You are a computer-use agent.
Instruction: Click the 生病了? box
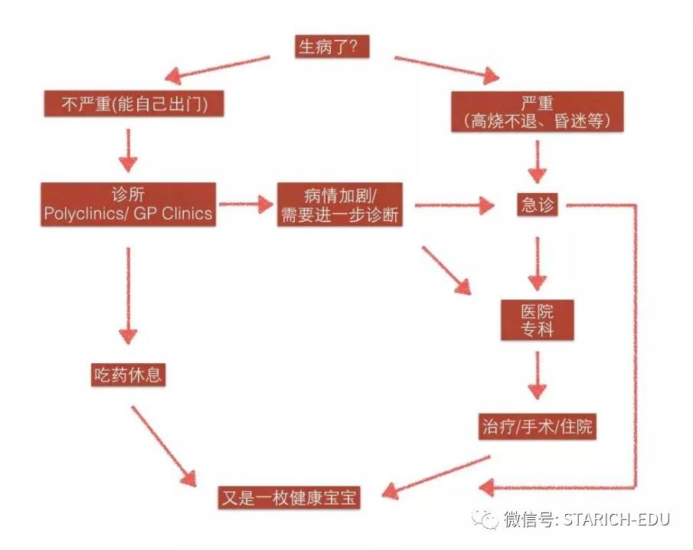[x=332, y=47]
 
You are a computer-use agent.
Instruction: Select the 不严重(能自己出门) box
[x=134, y=103]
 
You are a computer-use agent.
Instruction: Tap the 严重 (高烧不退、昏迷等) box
[x=537, y=112]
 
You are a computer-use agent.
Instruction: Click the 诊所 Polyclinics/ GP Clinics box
[x=128, y=205]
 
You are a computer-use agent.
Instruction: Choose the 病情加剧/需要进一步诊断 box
[x=339, y=205]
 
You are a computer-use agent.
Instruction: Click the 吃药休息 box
[x=128, y=375]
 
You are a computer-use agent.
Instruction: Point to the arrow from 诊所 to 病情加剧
[x=246, y=205]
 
